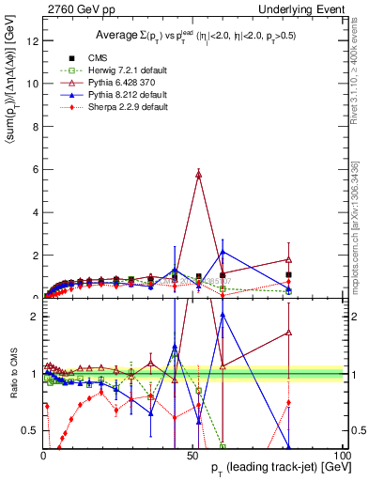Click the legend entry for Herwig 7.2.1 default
[150, 69]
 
